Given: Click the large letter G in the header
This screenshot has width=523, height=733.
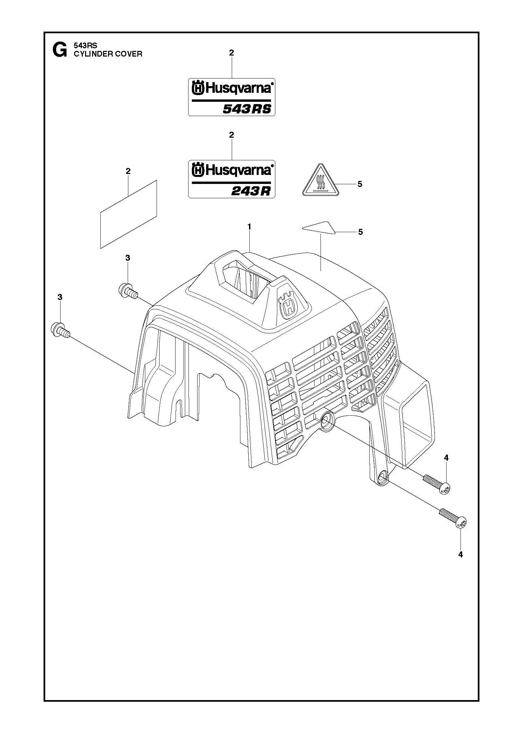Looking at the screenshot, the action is click(59, 51).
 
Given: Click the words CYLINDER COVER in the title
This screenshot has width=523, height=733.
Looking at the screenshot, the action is click(108, 54).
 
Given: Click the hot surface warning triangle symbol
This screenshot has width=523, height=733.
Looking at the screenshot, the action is click(320, 181).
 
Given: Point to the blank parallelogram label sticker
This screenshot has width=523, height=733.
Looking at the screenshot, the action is click(128, 215).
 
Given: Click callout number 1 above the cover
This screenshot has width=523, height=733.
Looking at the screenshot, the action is click(249, 226).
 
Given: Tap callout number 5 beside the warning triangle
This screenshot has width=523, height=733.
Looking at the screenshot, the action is click(360, 184).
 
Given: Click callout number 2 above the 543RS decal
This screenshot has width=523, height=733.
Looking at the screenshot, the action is click(231, 53).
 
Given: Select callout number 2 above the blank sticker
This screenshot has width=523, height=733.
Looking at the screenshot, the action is click(128, 171).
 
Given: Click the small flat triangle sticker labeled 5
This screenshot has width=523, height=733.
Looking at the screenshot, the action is click(320, 227).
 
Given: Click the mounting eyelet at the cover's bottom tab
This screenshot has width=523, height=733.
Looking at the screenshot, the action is click(383, 478).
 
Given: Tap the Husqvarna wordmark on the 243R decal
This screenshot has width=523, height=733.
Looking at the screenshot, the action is click(238, 170).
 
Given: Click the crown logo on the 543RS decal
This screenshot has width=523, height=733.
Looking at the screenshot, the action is click(198, 88).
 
